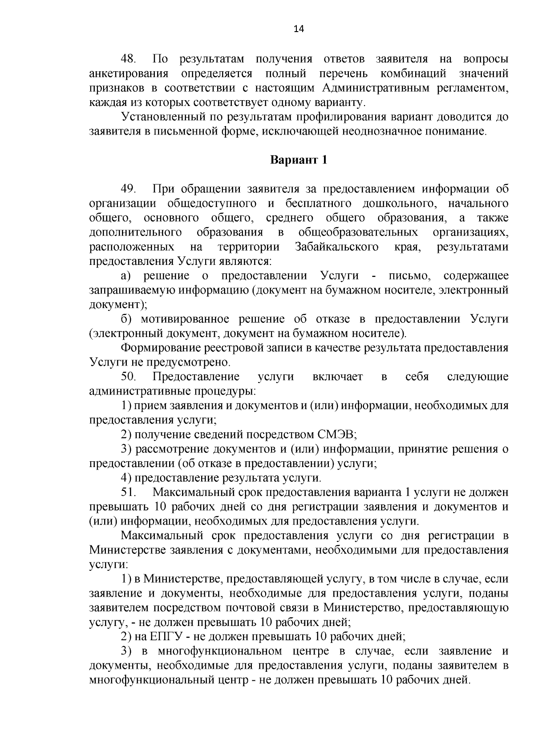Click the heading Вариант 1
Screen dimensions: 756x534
[x=299, y=160]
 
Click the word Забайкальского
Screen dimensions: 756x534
[x=337, y=247]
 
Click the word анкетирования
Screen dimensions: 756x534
[x=129, y=73]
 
